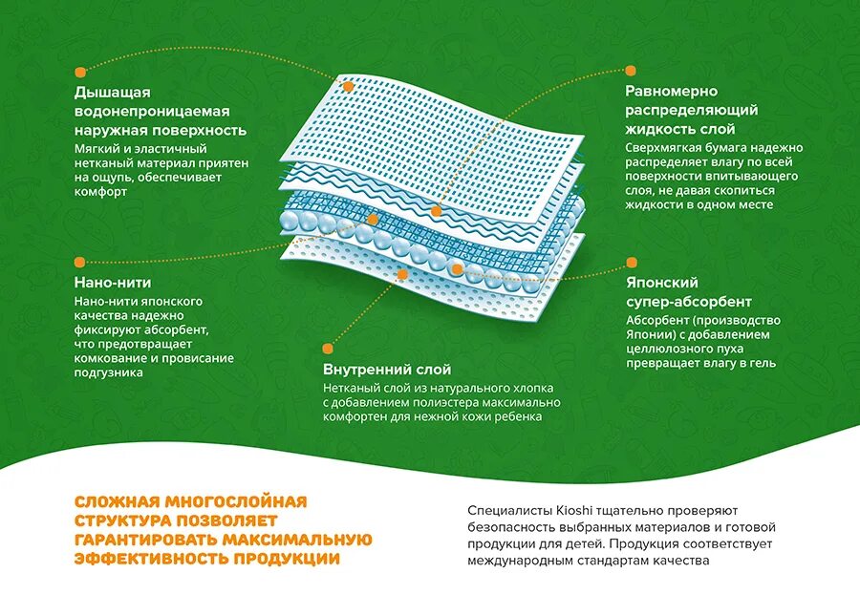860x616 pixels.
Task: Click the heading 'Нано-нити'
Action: pos(113,283)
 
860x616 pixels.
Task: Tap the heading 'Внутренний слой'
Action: pos(386,369)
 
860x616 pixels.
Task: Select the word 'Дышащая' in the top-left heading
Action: pos(113,93)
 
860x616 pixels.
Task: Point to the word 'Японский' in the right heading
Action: pos(662,283)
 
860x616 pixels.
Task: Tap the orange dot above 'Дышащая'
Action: pos(80,70)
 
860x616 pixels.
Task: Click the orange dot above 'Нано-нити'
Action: pos(80,260)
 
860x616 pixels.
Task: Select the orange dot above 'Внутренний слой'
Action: pos(329,348)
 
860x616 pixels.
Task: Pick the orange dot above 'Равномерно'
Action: pos(631,70)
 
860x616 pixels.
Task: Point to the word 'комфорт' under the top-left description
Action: pos(99,191)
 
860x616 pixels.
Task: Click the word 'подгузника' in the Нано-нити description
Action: pos(109,372)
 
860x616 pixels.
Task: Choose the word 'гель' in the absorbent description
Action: pos(763,363)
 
